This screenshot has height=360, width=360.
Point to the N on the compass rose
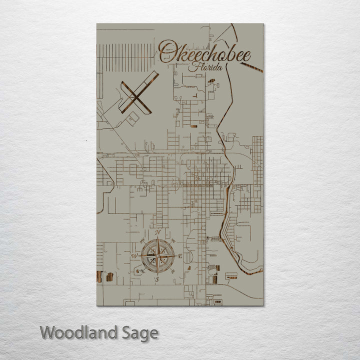pos(157,232)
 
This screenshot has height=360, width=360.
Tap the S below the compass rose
pos(157,280)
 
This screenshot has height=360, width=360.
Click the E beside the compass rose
pos(180,256)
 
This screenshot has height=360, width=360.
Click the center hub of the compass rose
pos(157,256)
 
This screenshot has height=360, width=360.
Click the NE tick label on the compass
pos(172,241)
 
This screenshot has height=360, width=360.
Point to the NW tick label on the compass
pos(142,241)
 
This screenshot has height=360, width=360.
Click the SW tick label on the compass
pos(142,271)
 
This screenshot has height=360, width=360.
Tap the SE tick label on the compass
pos(172,271)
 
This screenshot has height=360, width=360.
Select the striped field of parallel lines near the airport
pos(125,57)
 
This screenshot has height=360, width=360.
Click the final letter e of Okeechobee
pos(246,55)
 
